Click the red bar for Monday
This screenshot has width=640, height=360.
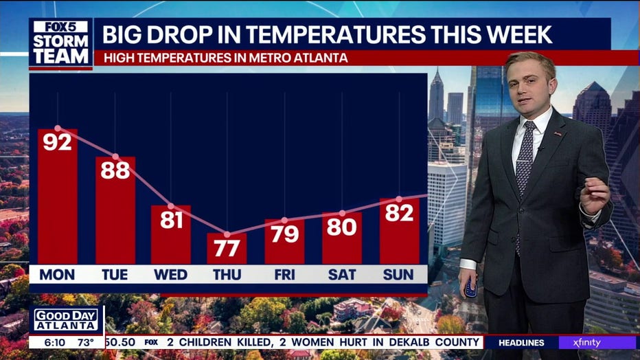tap(58, 196)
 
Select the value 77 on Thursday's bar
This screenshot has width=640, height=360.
tap(227, 248)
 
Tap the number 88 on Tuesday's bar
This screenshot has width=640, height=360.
tap(115, 170)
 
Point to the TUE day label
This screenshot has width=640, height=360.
tap(115, 275)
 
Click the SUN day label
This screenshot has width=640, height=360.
tap(398, 275)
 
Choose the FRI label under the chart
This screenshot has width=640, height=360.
tap(284, 275)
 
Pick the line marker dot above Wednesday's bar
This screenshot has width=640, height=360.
tap(170, 206)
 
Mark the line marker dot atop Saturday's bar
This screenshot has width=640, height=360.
tap(342, 213)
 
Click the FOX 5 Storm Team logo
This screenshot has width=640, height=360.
tap(61, 43)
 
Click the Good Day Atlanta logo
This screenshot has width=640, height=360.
tap(66, 320)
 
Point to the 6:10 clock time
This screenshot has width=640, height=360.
tap(54, 342)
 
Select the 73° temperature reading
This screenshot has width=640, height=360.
tap(86, 342)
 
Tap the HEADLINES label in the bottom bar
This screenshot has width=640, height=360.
tap(521, 343)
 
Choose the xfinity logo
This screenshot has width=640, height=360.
tap(586, 342)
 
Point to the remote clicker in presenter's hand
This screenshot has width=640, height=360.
tap(470, 287)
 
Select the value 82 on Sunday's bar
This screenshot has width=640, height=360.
tap(399, 213)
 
